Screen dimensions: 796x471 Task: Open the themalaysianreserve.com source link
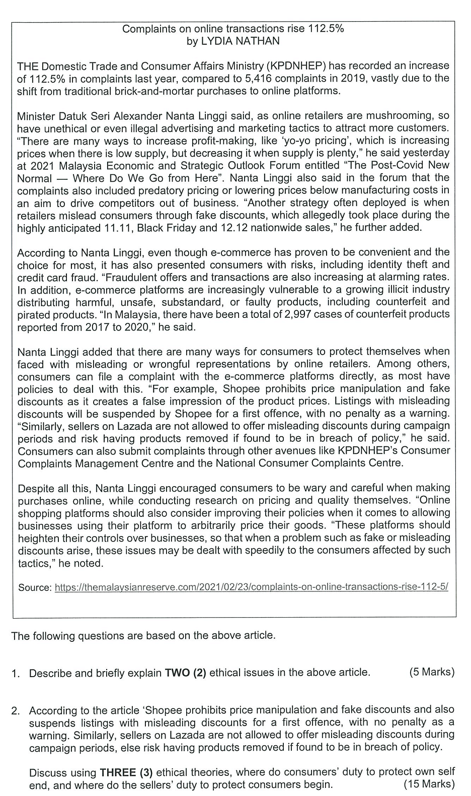pos(251,587)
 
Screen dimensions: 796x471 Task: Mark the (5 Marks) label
pos(432,672)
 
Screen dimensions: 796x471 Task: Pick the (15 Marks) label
pos(429,784)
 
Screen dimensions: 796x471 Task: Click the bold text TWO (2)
pos(185,673)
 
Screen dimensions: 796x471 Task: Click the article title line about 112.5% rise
pos(233,29)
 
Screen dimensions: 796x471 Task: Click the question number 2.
pos(16,711)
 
